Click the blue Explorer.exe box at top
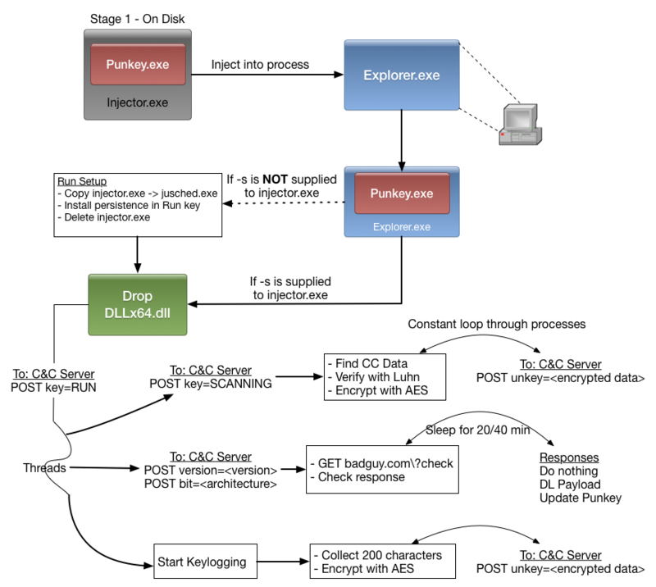(x=402, y=75)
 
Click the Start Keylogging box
(x=204, y=562)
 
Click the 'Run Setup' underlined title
(x=83, y=180)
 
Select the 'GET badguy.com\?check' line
(x=382, y=463)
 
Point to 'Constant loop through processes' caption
(x=497, y=325)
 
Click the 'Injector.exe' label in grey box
(x=138, y=102)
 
